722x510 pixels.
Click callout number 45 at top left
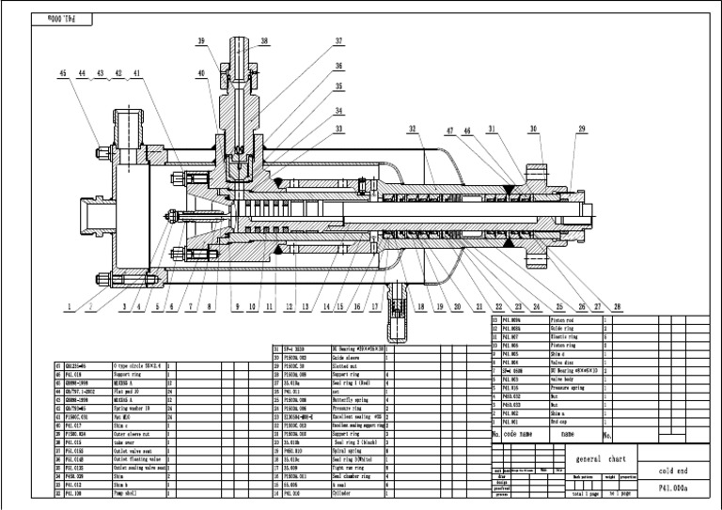63,71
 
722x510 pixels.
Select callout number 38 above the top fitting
264,41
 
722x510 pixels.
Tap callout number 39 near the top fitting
201,41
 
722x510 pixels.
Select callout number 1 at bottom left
70,306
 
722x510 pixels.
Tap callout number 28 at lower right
617,306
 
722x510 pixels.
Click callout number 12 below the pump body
289,306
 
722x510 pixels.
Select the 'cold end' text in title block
676,471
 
